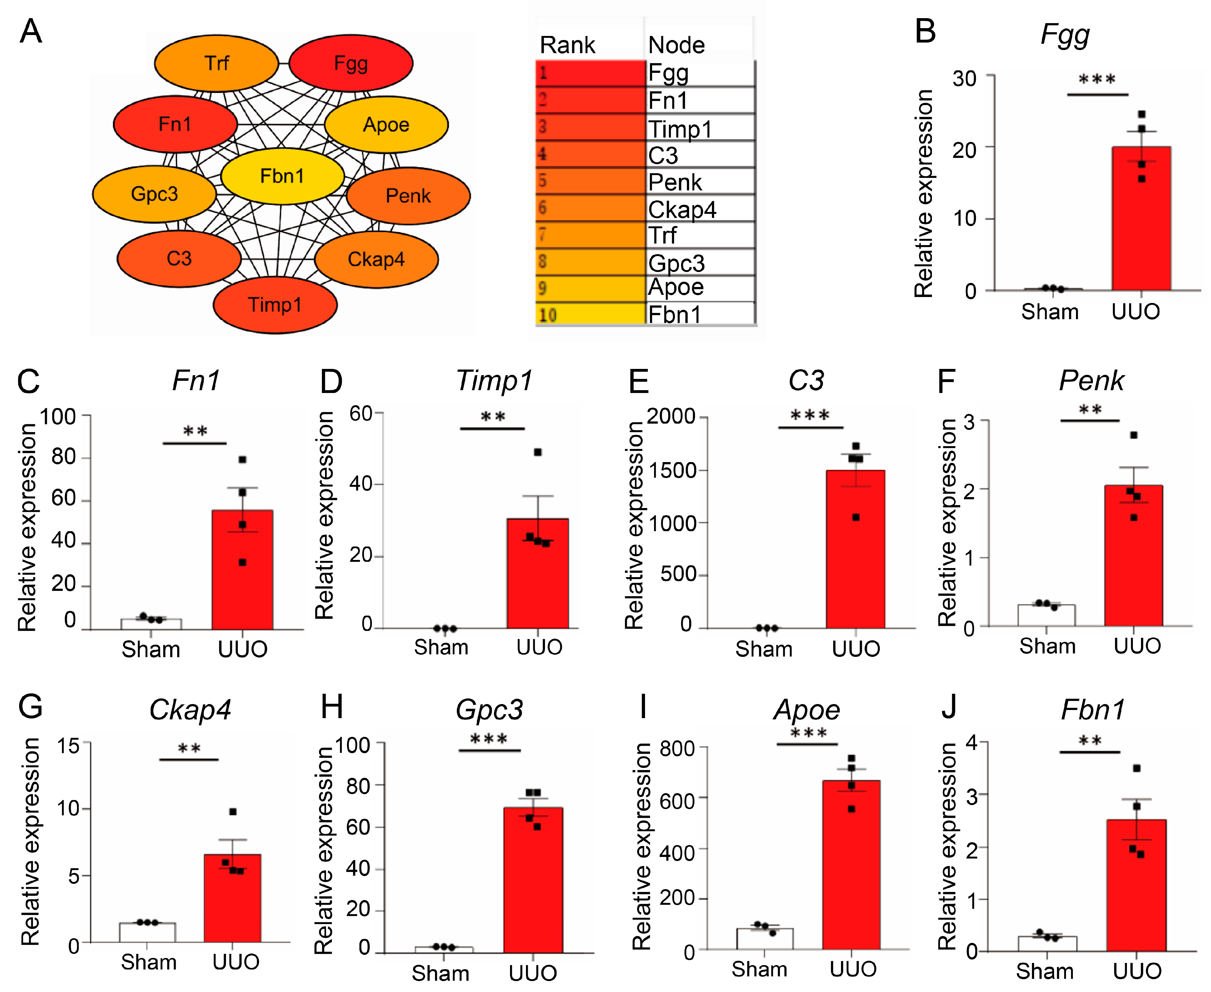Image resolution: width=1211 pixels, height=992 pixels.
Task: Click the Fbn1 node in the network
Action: (282, 176)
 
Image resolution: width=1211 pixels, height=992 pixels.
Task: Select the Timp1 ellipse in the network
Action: (275, 305)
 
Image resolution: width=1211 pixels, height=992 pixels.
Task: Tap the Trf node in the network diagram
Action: (217, 63)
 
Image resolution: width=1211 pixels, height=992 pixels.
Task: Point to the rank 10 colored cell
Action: (590, 314)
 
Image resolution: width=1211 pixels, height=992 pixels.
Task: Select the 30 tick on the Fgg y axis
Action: (964, 78)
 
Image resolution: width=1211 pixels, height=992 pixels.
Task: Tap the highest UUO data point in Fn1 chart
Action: (242, 460)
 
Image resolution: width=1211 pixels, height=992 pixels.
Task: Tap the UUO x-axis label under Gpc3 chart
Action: (533, 973)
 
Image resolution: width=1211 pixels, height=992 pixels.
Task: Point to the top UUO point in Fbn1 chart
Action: (1136, 768)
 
